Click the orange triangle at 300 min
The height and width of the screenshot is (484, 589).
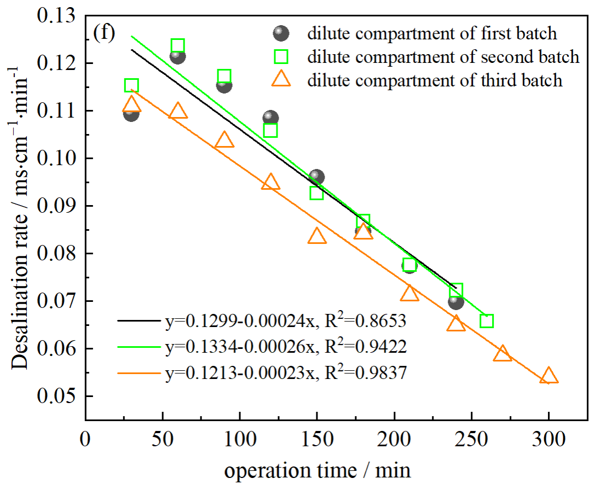(x=548, y=376)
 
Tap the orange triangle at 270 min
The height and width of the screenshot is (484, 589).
(x=502, y=354)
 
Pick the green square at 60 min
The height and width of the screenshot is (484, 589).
(x=177, y=45)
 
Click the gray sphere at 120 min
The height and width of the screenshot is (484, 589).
(x=270, y=118)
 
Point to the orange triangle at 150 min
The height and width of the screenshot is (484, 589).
(x=317, y=236)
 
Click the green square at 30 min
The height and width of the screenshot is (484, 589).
(x=131, y=85)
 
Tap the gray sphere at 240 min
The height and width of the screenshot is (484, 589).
(x=455, y=301)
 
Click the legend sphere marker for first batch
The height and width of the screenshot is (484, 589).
(x=281, y=33)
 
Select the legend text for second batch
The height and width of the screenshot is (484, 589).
(x=443, y=57)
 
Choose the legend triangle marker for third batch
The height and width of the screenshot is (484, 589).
(x=281, y=80)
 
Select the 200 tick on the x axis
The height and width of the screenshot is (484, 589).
(x=394, y=440)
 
